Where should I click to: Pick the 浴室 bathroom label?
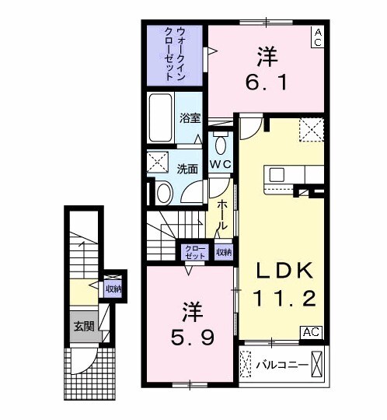(189, 119)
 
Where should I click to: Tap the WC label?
(220, 164)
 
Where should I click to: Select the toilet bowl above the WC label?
(220, 145)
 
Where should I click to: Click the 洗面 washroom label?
(186, 168)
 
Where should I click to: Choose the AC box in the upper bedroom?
(317, 37)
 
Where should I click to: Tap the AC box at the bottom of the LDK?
(311, 331)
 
